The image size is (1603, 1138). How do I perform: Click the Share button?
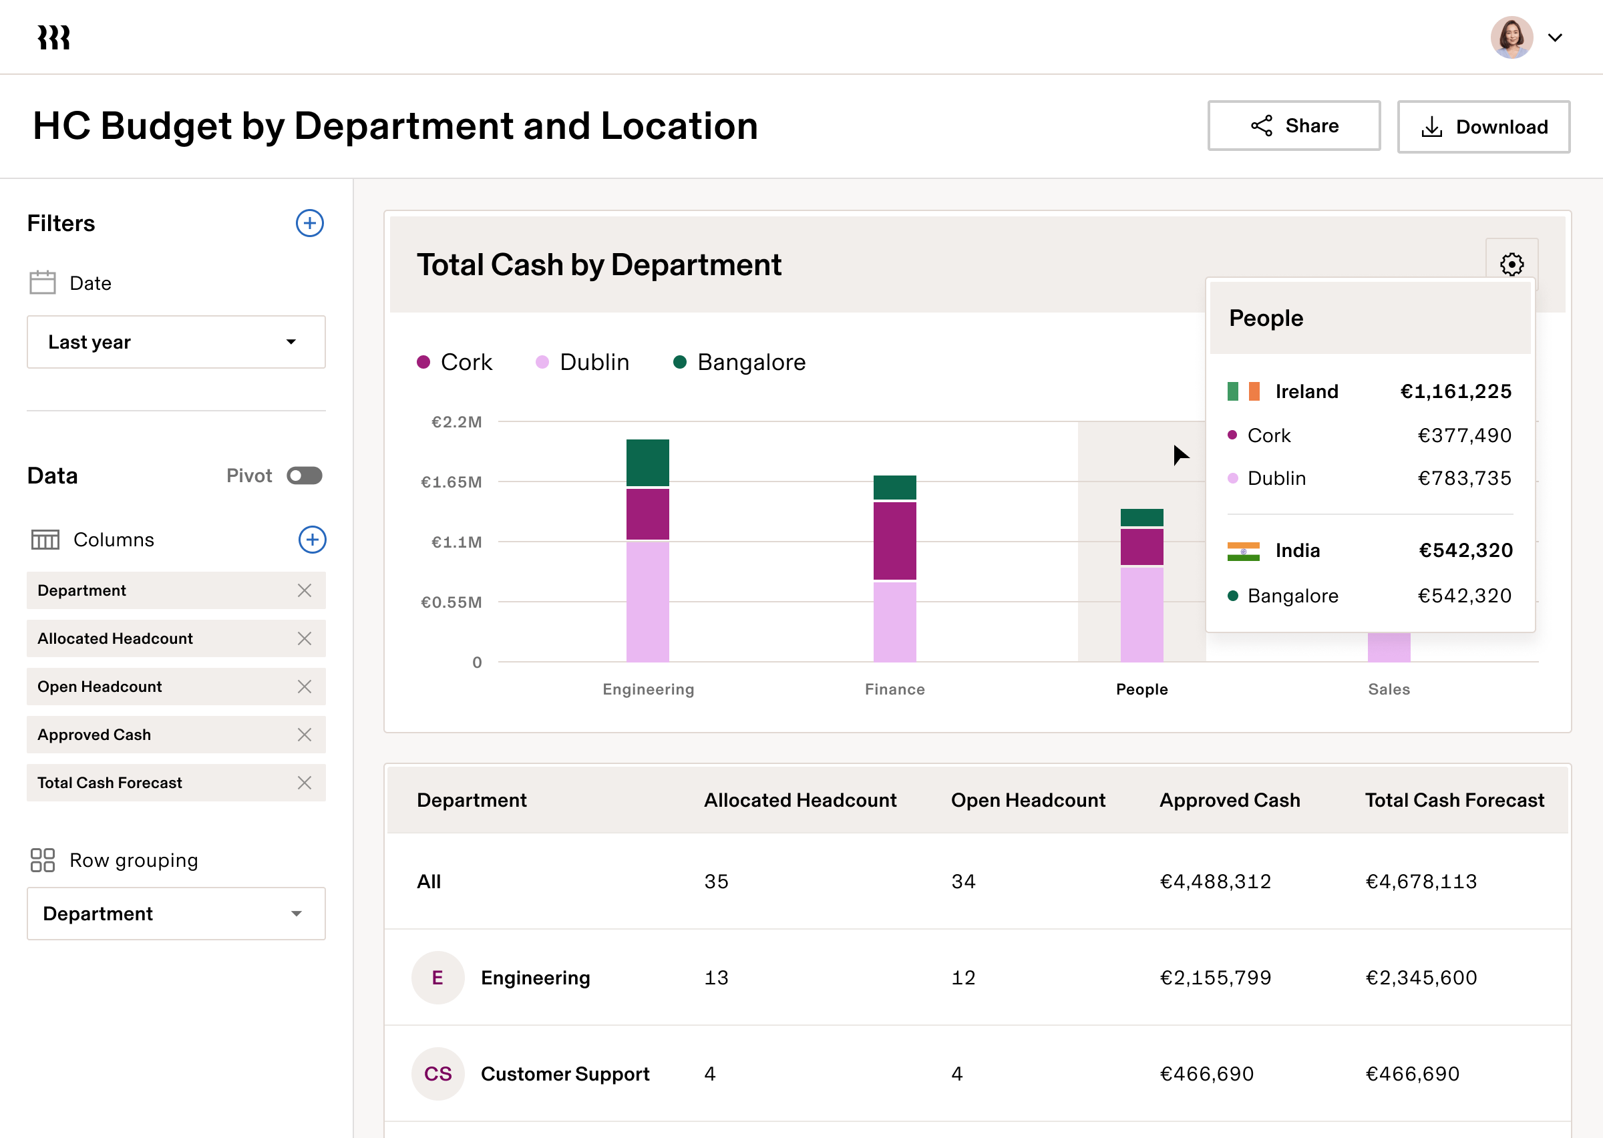coord(1293,126)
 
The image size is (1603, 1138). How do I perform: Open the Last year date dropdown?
coord(176,342)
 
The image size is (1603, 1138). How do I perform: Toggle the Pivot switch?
coord(305,476)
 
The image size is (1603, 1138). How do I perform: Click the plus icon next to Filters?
coord(310,224)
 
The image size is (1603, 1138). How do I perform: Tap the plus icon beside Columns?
coord(312,540)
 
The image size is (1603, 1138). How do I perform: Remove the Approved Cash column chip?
coord(304,735)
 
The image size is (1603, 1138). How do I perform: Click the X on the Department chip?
coord(304,591)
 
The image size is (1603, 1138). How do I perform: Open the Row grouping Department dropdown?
coord(176,914)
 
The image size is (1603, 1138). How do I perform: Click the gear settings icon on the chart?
coord(1511,265)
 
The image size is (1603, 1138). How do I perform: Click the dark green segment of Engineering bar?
coord(647,463)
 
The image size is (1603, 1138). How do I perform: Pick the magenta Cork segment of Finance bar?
coord(895,540)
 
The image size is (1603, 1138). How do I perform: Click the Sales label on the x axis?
coord(1389,689)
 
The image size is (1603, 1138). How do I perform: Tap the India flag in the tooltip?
coord(1243,552)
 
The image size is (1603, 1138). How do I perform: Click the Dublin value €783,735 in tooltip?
coord(1463,479)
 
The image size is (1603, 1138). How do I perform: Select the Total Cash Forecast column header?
coord(1455,800)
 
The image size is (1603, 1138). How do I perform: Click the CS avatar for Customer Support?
coord(438,1073)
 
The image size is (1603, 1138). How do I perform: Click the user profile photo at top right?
coord(1511,38)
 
